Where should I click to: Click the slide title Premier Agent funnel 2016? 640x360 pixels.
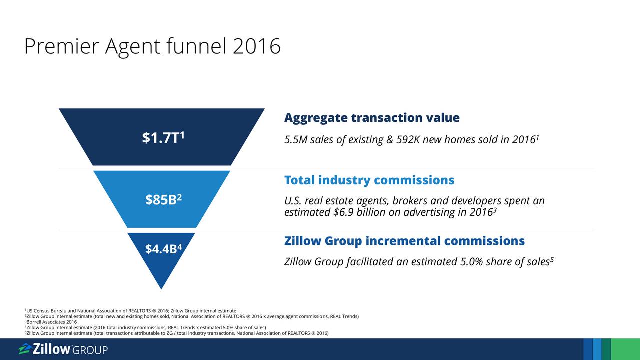pyautogui.click(x=152, y=46)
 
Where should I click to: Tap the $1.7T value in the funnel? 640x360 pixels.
pyautogui.click(x=163, y=137)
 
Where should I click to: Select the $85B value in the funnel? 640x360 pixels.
pyautogui.click(x=163, y=199)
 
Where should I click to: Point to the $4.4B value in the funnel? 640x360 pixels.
pyautogui.click(x=163, y=249)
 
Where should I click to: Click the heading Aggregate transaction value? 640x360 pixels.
pyautogui.click(x=372, y=118)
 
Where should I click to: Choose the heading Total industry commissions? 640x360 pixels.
pyautogui.click(x=369, y=180)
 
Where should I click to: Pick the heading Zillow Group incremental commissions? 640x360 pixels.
pyautogui.click(x=404, y=241)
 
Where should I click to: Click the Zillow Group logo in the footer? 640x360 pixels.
pyautogui.click(x=63, y=349)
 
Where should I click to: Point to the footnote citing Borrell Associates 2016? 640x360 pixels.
pyautogui.click(x=51, y=322)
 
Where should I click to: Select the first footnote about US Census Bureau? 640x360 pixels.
pyautogui.click(x=130, y=311)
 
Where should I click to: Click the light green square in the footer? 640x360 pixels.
pyautogui.click(x=625, y=349)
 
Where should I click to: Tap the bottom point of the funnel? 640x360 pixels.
pyautogui.click(x=161, y=289)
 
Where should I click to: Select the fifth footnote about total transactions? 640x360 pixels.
pyautogui.click(x=177, y=333)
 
